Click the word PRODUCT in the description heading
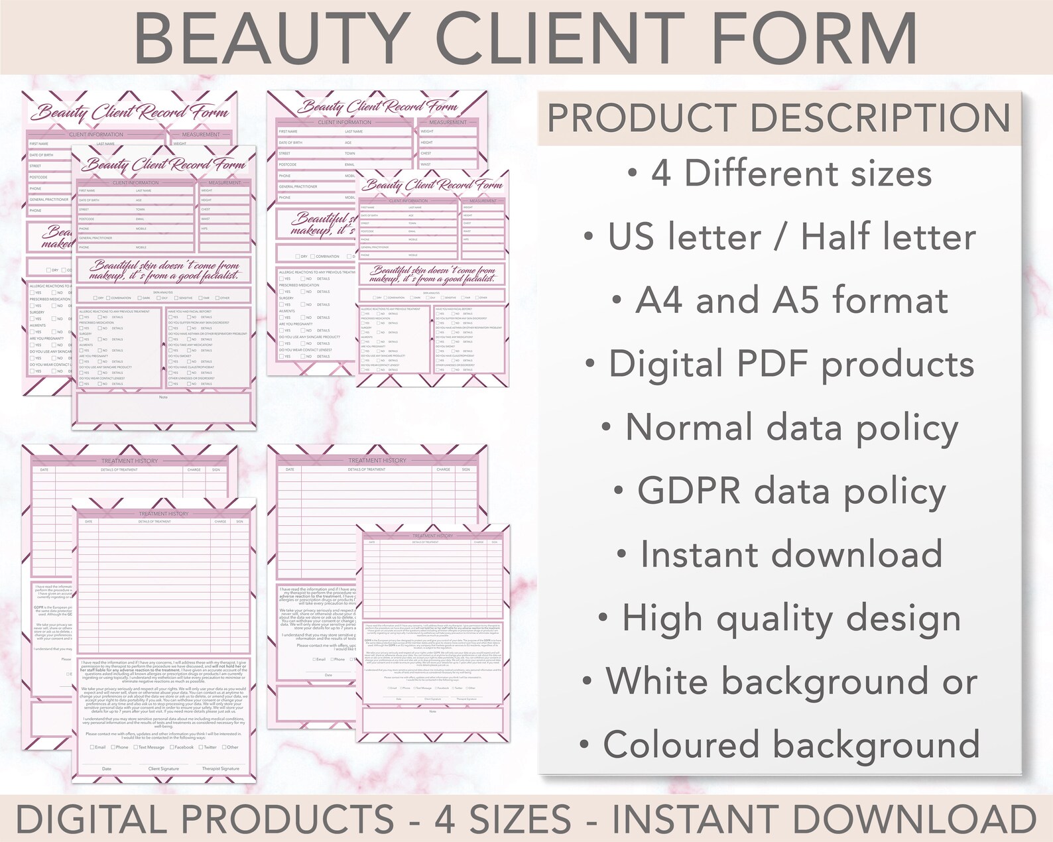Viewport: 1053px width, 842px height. tap(642, 118)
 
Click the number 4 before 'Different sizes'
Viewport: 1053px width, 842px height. tap(660, 174)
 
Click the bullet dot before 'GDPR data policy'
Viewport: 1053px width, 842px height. tap(619, 491)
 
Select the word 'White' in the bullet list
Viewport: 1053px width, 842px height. tap(657, 682)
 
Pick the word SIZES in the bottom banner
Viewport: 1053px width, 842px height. tap(520, 819)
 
